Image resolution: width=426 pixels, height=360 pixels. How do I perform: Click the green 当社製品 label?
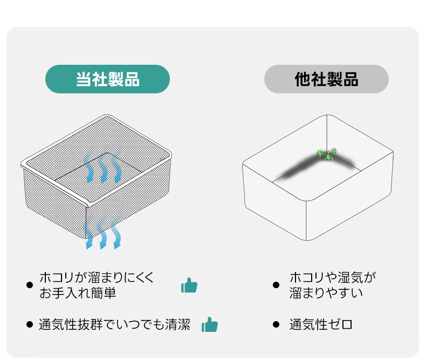(x=107, y=79)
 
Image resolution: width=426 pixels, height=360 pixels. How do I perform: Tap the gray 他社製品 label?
(x=326, y=79)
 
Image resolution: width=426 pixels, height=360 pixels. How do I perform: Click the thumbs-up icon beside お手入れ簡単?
(x=189, y=285)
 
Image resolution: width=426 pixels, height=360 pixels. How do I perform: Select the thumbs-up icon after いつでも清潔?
(x=209, y=325)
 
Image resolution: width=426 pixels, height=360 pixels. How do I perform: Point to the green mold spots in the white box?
(x=326, y=155)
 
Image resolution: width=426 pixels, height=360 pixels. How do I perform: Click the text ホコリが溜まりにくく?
(x=97, y=278)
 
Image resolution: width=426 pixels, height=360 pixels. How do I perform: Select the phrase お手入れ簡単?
(x=78, y=293)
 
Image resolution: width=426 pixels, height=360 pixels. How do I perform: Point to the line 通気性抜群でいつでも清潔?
(x=114, y=325)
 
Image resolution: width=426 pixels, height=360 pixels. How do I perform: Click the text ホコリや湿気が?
(x=332, y=278)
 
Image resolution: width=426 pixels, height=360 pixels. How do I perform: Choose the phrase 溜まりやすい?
(x=326, y=293)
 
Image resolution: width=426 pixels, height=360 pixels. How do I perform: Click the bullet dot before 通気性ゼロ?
(x=276, y=325)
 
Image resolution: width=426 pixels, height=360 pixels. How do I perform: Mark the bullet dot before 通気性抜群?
(x=30, y=325)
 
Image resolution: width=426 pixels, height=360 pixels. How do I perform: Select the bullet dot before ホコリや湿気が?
(x=276, y=285)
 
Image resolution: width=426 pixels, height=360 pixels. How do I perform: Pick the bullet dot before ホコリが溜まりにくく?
(x=30, y=285)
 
